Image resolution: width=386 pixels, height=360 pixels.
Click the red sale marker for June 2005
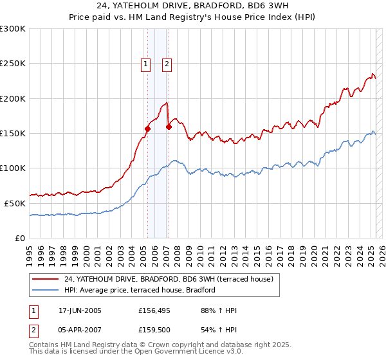(x=147, y=129)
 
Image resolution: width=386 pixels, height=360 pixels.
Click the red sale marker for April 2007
(x=169, y=127)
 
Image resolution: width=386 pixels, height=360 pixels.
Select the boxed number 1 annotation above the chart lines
(x=146, y=64)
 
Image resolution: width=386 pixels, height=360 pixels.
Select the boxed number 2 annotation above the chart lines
(x=167, y=64)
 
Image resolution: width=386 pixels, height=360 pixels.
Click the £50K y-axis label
(x=14, y=203)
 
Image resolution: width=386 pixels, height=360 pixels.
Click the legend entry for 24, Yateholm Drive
(x=169, y=279)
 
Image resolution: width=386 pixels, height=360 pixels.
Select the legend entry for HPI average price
(x=139, y=291)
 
